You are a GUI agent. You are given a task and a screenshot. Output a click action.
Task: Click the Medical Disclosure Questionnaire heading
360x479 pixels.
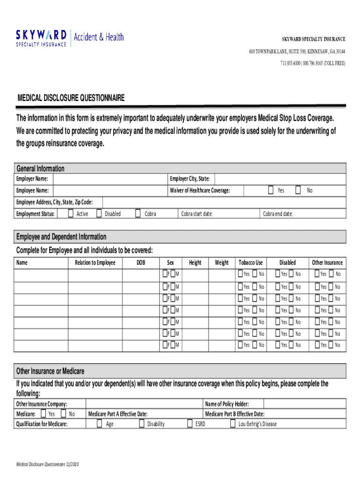(71, 98)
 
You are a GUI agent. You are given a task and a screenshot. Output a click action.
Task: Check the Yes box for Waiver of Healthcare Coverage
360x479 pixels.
(271, 190)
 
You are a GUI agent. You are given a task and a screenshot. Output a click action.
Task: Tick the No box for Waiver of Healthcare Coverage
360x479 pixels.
(298, 190)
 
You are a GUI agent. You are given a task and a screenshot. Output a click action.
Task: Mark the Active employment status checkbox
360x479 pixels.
(70, 214)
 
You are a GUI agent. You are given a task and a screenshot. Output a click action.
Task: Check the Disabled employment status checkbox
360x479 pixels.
(99, 214)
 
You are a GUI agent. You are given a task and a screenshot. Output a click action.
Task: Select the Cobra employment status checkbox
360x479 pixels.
(138, 214)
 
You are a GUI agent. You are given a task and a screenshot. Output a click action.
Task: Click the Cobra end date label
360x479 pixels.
(278, 214)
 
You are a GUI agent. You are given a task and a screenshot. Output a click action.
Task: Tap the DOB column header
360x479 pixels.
(141, 263)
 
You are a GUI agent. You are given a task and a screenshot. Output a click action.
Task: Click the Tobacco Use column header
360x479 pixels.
(251, 263)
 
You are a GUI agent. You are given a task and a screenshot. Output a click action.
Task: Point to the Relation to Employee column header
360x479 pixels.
(95, 263)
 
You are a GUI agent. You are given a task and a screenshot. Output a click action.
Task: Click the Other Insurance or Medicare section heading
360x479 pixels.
(50, 371)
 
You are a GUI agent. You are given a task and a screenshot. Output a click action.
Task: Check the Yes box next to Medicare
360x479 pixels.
(43, 414)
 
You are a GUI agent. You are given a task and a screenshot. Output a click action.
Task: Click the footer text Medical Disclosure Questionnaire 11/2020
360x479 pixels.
(48, 464)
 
